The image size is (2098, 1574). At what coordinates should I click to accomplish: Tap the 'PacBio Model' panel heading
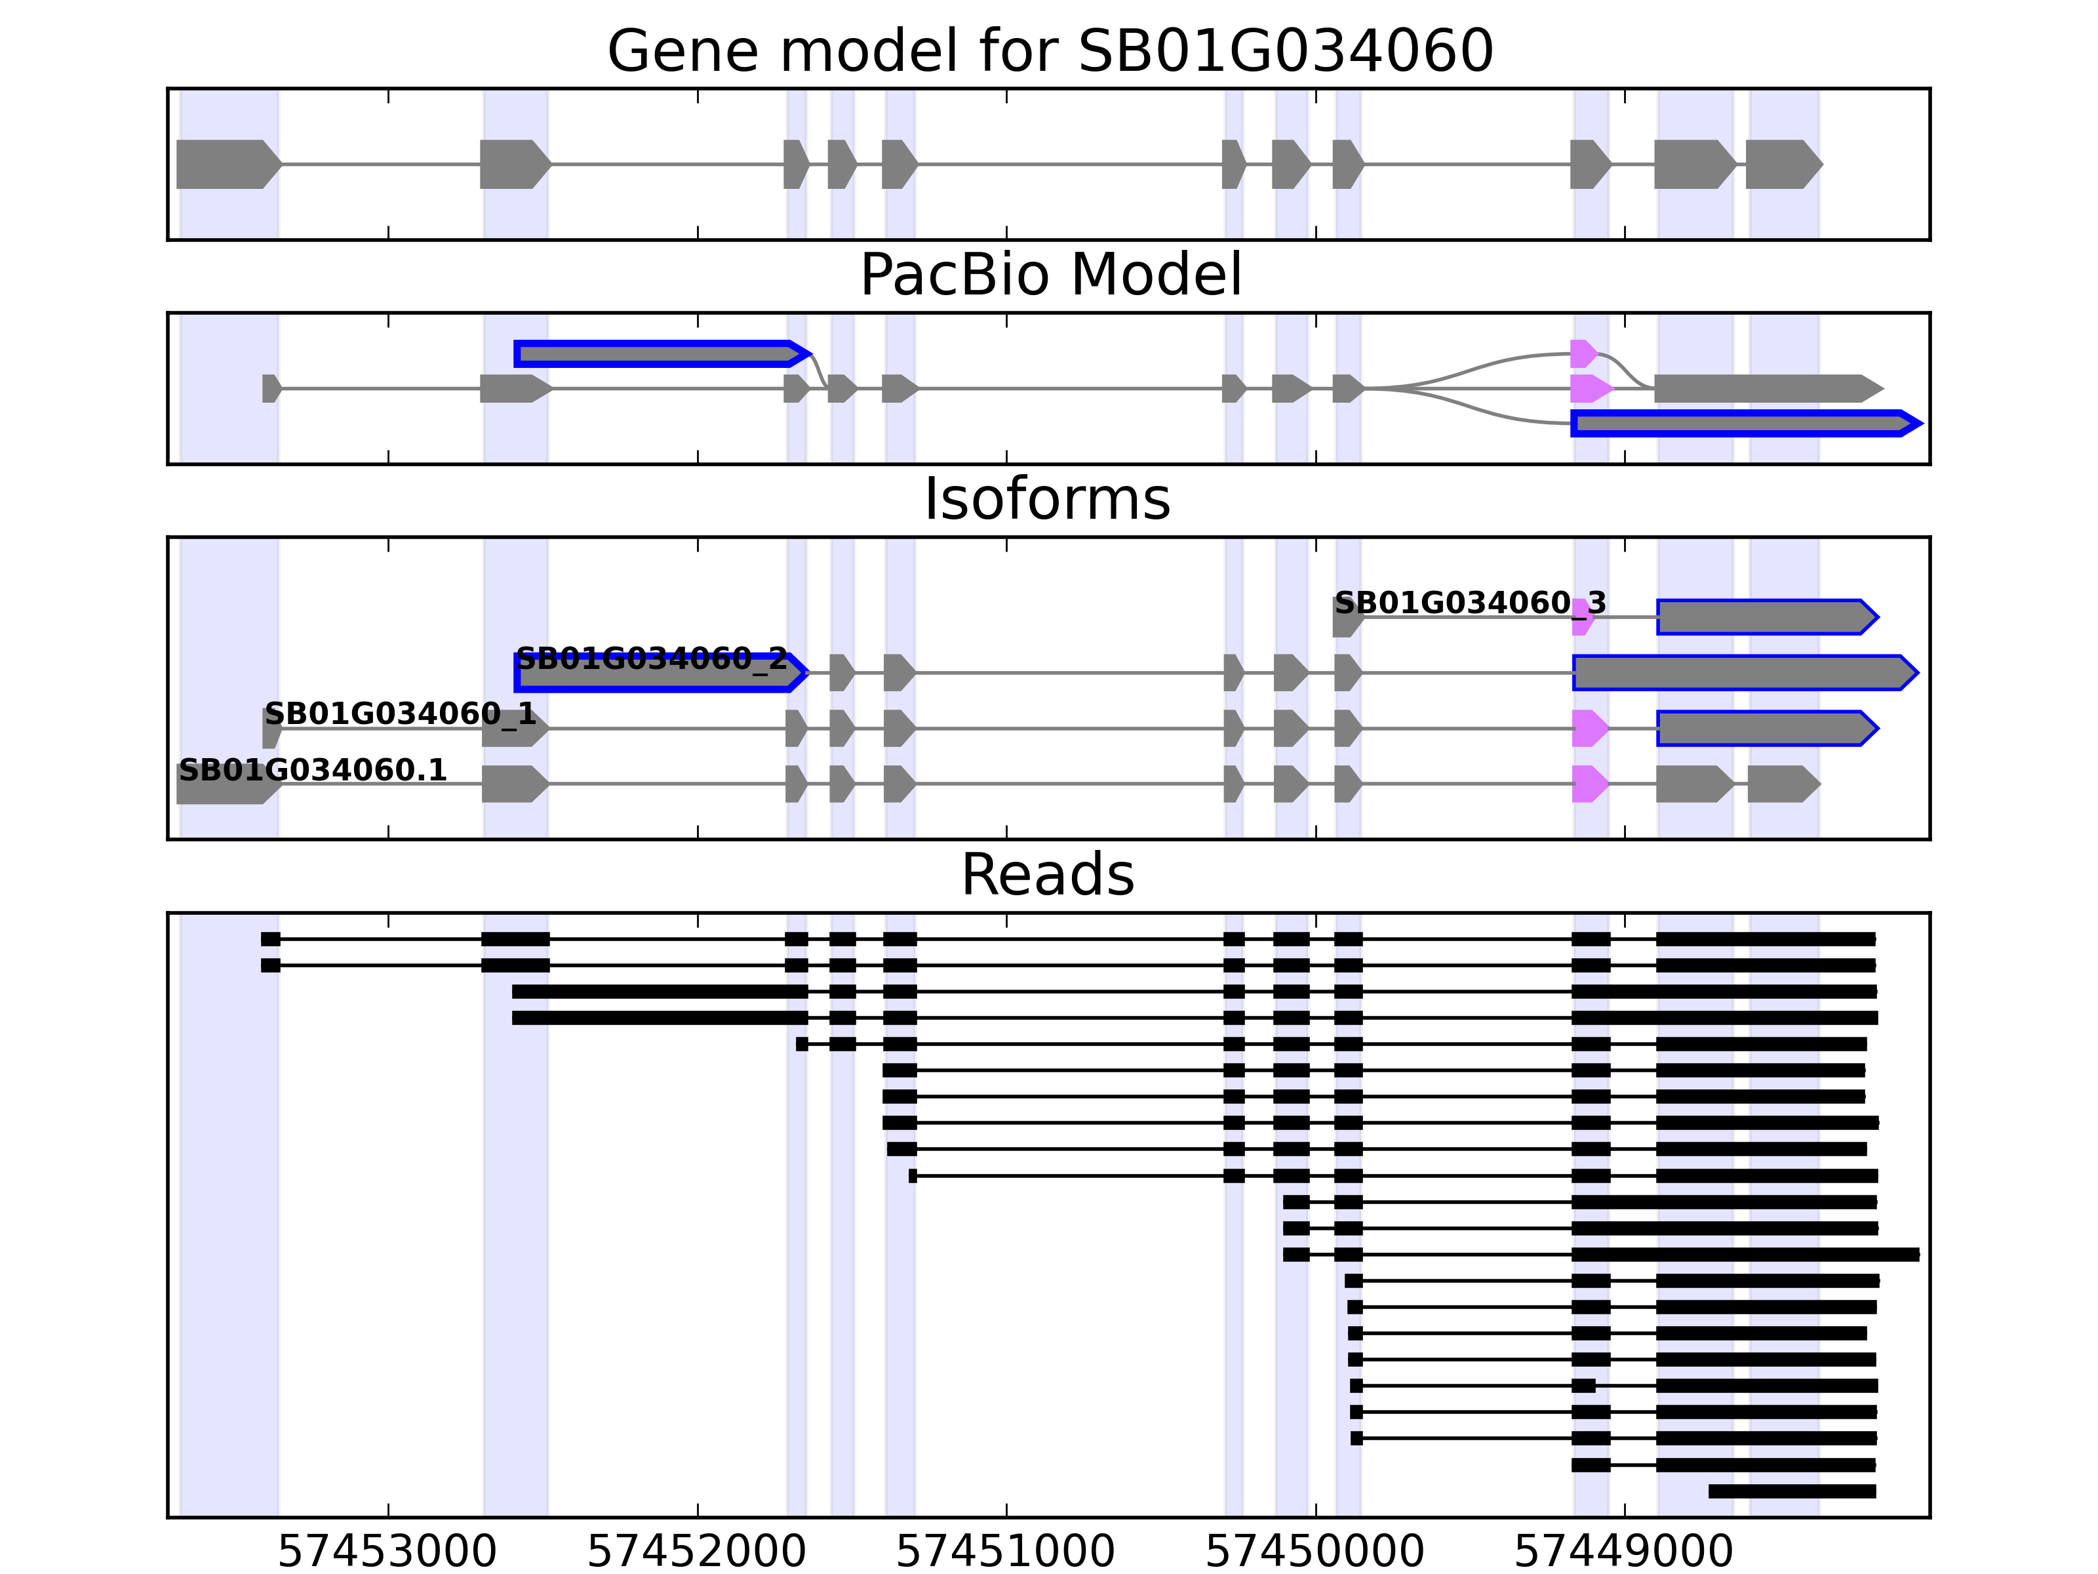[x=1049, y=275]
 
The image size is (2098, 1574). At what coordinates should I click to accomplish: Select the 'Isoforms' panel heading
[x=1047, y=499]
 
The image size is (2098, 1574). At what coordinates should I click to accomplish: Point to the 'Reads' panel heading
[x=1047, y=875]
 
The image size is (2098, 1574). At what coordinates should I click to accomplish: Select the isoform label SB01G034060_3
[x=1469, y=603]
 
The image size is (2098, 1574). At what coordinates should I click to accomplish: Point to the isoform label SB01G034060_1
[x=400, y=714]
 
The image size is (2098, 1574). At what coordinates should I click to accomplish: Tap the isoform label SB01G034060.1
[x=312, y=771]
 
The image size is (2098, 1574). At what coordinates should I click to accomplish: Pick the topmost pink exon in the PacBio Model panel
[x=1582, y=354]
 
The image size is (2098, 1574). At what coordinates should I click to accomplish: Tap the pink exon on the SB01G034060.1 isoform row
[x=1589, y=784]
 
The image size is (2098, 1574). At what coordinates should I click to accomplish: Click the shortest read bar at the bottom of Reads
[x=1792, y=1491]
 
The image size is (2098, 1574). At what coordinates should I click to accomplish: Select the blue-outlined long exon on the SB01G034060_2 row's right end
[x=1741, y=673]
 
